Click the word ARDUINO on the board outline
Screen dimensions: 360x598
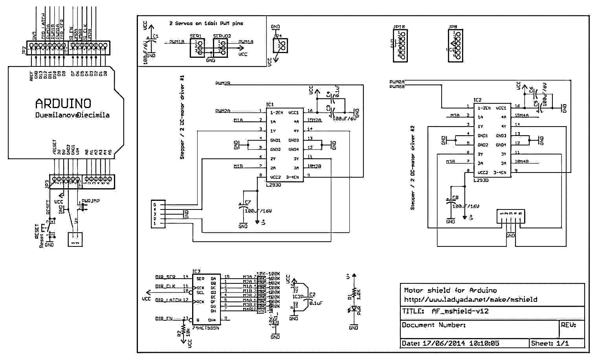pos(63,103)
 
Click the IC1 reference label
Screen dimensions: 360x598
pos(270,105)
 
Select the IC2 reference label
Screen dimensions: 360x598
pos(477,100)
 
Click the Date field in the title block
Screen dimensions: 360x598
pos(450,343)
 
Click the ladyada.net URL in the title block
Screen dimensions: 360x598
pos(470,299)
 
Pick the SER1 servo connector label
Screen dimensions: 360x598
pos(196,36)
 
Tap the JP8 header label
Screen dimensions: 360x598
pos(453,27)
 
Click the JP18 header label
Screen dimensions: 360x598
pos(399,27)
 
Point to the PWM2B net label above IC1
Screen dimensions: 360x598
pos(223,83)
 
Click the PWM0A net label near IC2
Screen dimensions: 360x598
pos(397,82)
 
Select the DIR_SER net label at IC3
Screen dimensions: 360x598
pos(165,277)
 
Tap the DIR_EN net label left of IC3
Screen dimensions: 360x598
pos(164,319)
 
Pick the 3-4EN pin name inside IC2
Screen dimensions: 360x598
pos(499,173)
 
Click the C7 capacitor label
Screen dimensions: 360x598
pos(248,202)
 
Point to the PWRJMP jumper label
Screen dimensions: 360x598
pos(90,201)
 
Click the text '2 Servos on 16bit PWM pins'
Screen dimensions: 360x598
pos(206,24)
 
